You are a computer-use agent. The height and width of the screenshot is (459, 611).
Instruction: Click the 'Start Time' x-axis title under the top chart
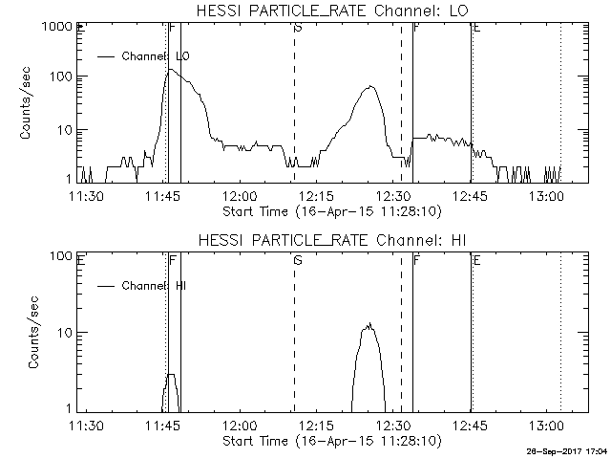point(329,210)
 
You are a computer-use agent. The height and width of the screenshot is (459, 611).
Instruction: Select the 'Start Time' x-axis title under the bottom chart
point(329,442)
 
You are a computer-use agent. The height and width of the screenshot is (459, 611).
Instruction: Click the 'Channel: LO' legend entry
point(156,56)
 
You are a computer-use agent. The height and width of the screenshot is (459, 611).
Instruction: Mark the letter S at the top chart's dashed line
point(298,29)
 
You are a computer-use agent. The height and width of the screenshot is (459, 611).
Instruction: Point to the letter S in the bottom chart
point(298,259)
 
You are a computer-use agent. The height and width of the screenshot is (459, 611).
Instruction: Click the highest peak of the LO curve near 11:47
point(171,70)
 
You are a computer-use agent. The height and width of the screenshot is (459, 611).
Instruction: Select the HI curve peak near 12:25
point(369,325)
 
